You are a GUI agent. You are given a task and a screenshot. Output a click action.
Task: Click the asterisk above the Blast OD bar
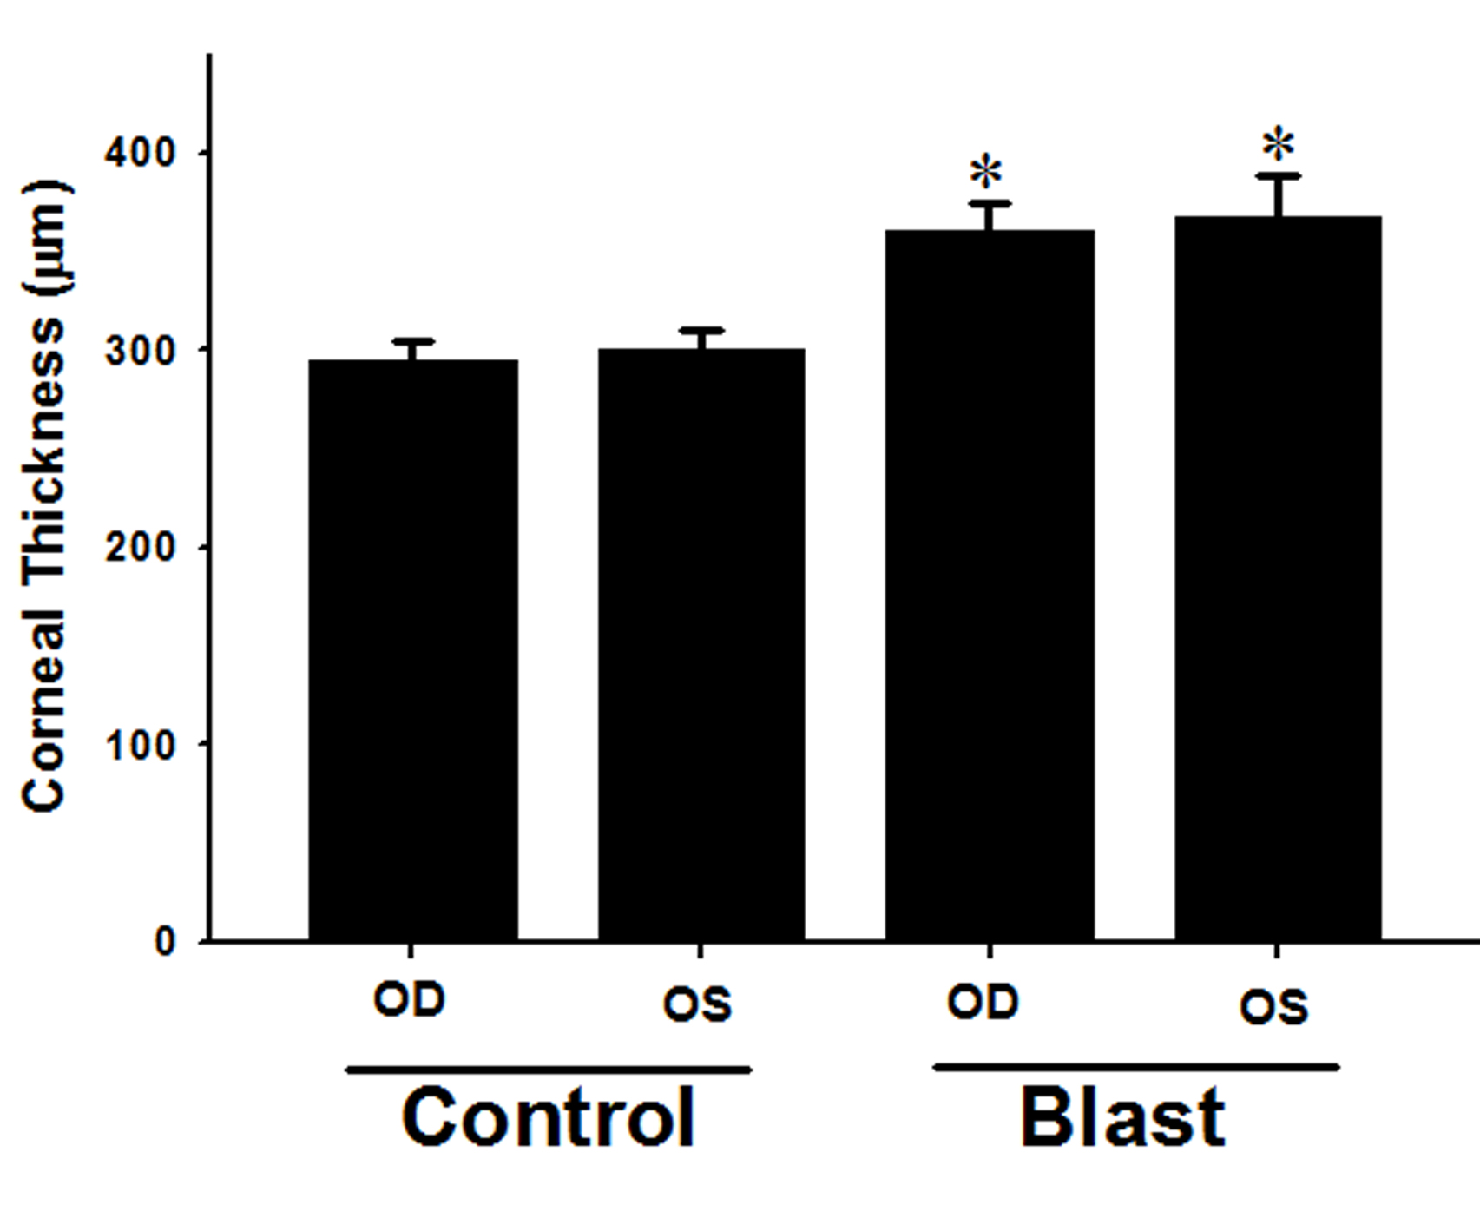pyautogui.click(x=987, y=173)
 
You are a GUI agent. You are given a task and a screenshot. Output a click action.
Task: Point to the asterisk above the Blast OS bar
pyautogui.click(x=1279, y=145)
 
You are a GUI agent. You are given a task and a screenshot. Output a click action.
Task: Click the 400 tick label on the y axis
pyautogui.click(x=140, y=154)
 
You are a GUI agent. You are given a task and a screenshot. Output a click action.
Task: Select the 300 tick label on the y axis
pyautogui.click(x=140, y=351)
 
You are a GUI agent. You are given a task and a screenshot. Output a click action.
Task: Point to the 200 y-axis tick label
pyautogui.click(x=140, y=548)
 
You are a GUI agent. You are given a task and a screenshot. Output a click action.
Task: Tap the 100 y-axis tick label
pyautogui.click(x=140, y=745)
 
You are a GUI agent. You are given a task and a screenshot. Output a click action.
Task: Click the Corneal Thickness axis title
pyautogui.click(x=45, y=497)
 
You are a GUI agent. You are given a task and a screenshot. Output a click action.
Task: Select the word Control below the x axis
pyautogui.click(x=549, y=1118)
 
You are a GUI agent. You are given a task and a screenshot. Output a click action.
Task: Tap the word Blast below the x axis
pyautogui.click(x=1122, y=1118)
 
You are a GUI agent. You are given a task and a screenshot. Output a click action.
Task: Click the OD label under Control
pyautogui.click(x=409, y=1000)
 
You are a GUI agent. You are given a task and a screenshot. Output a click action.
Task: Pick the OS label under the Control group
pyautogui.click(x=697, y=1005)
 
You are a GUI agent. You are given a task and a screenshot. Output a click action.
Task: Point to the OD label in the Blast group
pyautogui.click(x=983, y=1003)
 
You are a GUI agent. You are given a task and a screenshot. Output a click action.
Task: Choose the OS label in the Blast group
pyautogui.click(x=1273, y=1008)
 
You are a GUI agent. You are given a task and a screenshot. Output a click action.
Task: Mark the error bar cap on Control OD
pyautogui.click(x=413, y=341)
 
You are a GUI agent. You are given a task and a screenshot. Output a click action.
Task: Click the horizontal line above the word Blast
pyautogui.click(x=1135, y=1067)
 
